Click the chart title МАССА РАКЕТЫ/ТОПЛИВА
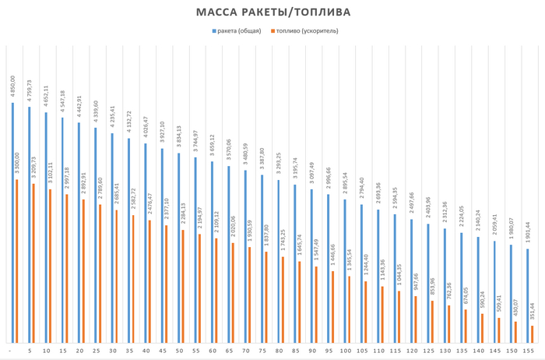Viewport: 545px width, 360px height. pyautogui.click(x=272, y=12)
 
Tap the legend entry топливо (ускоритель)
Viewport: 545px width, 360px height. pyautogui.click(x=306, y=31)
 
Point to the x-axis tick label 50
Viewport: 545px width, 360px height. pyautogui.click(x=180, y=351)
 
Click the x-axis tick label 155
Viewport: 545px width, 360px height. pyautogui.click(x=531, y=351)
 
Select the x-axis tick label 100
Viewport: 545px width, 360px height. pyautogui.click(x=346, y=351)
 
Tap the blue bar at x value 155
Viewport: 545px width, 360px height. pyautogui.click(x=528, y=295)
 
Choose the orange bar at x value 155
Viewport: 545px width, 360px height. pyautogui.click(x=533, y=334)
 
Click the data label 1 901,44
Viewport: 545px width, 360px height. pyautogui.click(x=529, y=232)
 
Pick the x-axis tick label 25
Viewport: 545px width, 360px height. pyautogui.click(x=97, y=351)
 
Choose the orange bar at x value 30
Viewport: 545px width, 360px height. pyautogui.click(x=116, y=276)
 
